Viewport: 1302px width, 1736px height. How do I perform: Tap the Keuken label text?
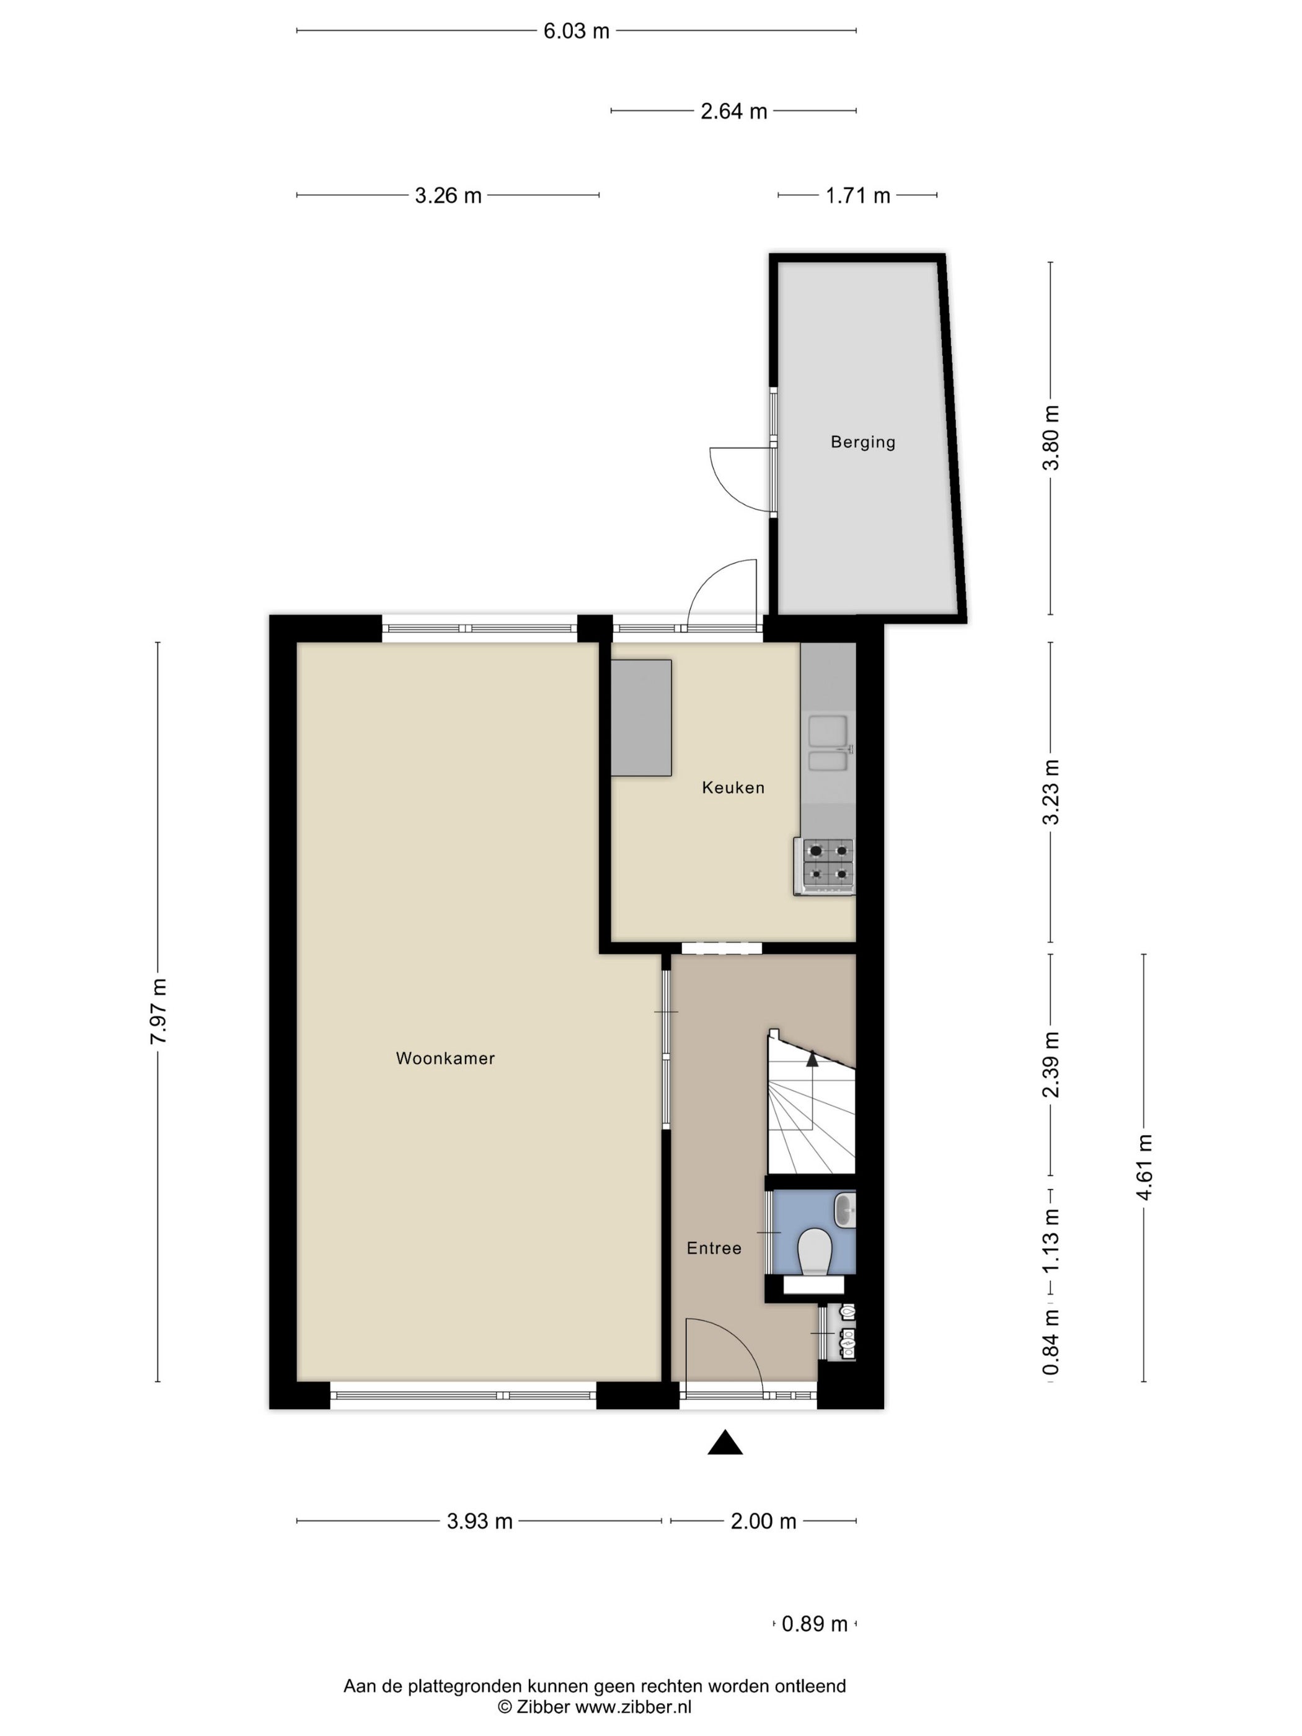[x=733, y=787]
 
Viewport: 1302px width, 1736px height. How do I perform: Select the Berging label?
[x=862, y=442]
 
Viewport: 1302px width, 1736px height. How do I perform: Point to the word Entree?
[x=714, y=1248]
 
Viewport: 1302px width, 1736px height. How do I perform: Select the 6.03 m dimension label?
[x=576, y=32]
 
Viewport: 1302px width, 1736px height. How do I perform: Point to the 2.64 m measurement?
[x=733, y=112]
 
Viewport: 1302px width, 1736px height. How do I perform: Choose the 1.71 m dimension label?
[x=858, y=195]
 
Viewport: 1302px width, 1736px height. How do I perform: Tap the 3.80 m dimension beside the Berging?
[x=1050, y=437]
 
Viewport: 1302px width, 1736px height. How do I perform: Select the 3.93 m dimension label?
[x=479, y=1521]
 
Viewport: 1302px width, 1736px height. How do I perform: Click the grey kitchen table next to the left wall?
[x=641, y=718]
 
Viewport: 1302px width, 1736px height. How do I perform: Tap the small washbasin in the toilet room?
[x=844, y=1210]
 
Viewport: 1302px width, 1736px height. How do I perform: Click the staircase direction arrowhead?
[x=812, y=1060]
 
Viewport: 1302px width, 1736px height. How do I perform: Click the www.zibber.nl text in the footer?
[x=634, y=1707]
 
